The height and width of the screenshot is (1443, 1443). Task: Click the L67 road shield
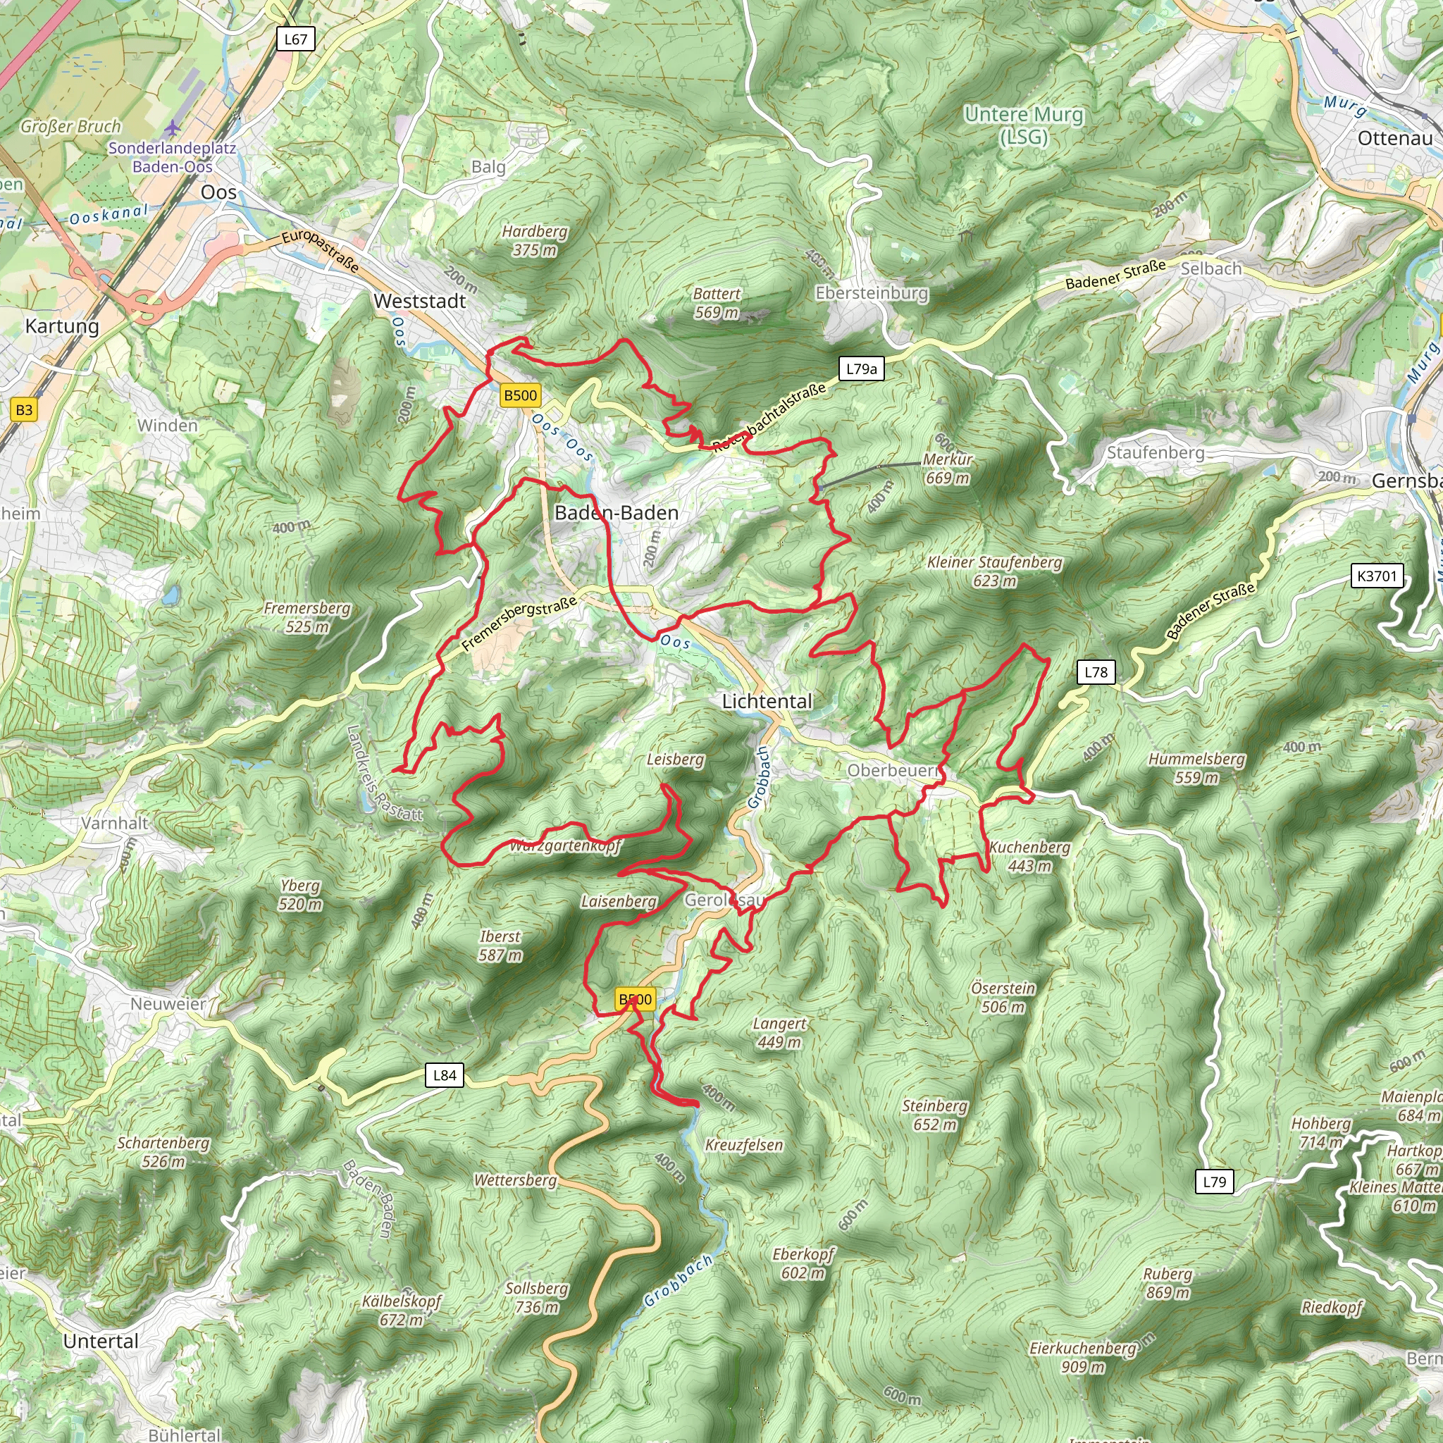(295, 39)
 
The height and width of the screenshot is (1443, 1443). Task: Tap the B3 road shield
(24, 409)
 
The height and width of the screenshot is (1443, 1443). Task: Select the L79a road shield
(861, 369)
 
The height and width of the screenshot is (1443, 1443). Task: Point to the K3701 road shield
(1377, 576)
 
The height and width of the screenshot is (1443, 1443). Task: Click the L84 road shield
(445, 1074)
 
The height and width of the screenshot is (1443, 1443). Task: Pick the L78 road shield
(1096, 671)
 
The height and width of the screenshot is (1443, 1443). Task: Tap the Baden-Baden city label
(617, 512)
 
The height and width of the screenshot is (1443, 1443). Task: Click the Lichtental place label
(767, 700)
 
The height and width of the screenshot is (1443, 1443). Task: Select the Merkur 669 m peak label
(947, 469)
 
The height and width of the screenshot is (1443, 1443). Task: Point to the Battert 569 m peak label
(717, 303)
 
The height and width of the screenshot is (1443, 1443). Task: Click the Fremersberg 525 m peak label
(307, 617)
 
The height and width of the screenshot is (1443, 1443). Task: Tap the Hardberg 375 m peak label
(534, 240)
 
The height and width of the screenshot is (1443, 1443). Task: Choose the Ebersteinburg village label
(872, 293)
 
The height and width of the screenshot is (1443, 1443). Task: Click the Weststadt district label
(420, 301)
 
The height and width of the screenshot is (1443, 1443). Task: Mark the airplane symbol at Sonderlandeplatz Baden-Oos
(173, 128)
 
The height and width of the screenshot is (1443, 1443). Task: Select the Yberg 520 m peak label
(300, 895)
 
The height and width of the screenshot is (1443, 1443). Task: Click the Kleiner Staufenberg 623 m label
(994, 571)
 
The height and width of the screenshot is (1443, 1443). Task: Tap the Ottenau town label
(1394, 138)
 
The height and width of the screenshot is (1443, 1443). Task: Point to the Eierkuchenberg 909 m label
(1082, 1357)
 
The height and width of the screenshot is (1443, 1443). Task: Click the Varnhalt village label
(115, 823)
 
